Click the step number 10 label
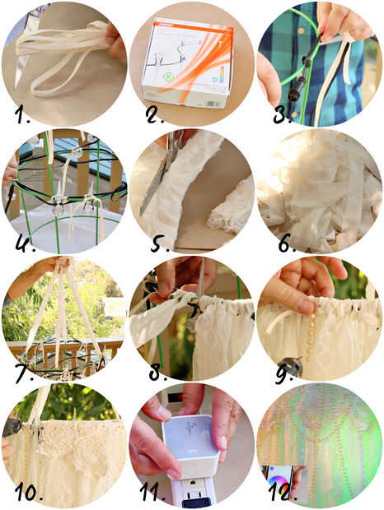point(29,492)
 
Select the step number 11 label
point(152,492)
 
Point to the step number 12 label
point(283,492)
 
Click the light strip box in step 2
point(188,63)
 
